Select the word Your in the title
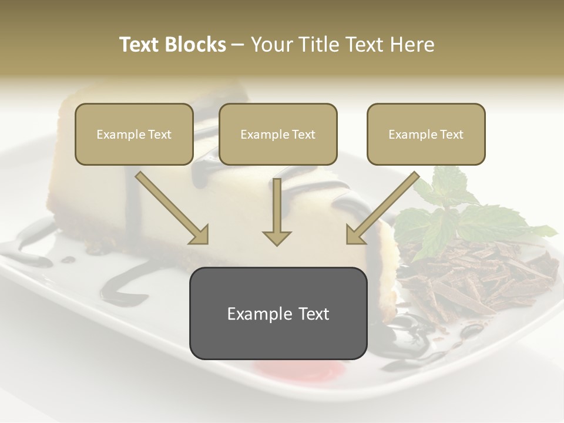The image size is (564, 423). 269,45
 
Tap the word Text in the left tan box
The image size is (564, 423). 160,135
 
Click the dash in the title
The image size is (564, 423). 238,45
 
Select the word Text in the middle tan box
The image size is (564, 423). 304,135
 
